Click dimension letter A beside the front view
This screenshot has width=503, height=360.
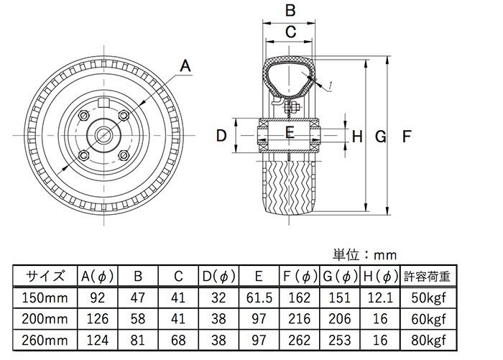(185, 67)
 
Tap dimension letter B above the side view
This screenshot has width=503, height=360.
(290, 11)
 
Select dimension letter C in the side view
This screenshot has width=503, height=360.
(290, 32)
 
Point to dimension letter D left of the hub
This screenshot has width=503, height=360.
(222, 134)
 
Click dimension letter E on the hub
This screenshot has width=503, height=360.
(290, 132)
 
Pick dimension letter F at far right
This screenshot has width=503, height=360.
(407, 135)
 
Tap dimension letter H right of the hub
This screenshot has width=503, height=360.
(357, 135)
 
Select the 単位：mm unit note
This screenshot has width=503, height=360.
(364, 255)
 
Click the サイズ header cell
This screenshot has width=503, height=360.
(47, 276)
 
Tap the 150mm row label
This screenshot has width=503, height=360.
(46, 297)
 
